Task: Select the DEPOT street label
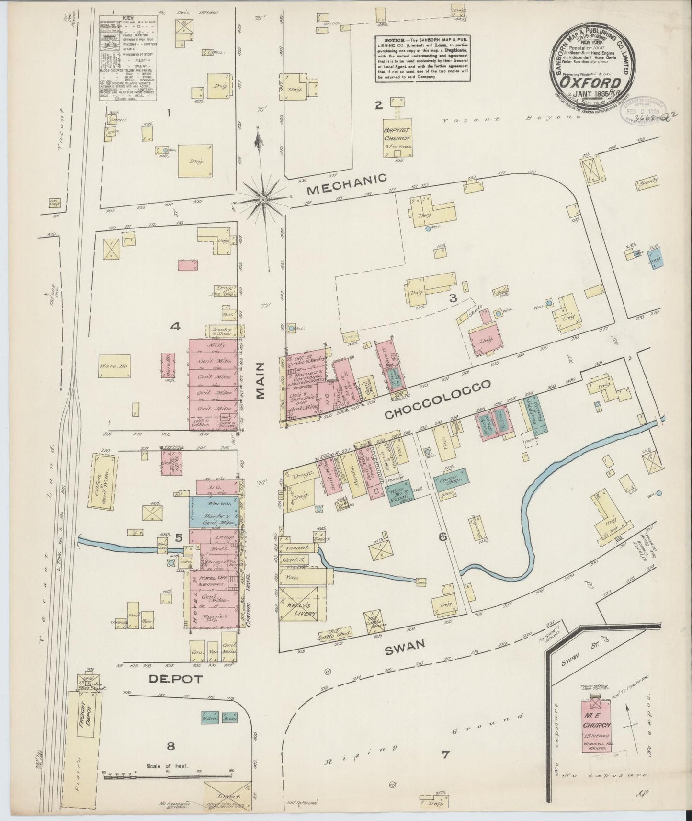[169, 679]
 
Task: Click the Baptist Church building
[397, 136]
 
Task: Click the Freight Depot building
[86, 719]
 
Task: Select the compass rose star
[264, 198]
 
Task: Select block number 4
[175, 327]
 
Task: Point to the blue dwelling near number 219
[655, 257]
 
